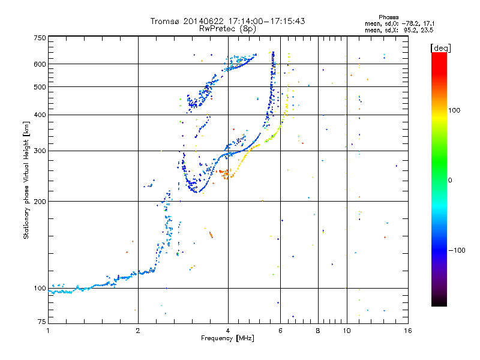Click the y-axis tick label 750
(x=40, y=38)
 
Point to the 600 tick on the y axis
(x=40, y=64)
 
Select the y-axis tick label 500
(x=40, y=86)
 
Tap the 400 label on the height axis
(x=40, y=115)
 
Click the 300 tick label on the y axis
(x=40, y=151)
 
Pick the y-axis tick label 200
(x=40, y=201)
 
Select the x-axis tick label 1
(x=48, y=331)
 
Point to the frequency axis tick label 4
(x=228, y=331)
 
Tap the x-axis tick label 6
(x=280, y=331)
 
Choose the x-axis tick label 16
(x=407, y=331)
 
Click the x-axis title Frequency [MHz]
(x=227, y=338)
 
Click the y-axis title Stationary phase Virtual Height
(x=26, y=180)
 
